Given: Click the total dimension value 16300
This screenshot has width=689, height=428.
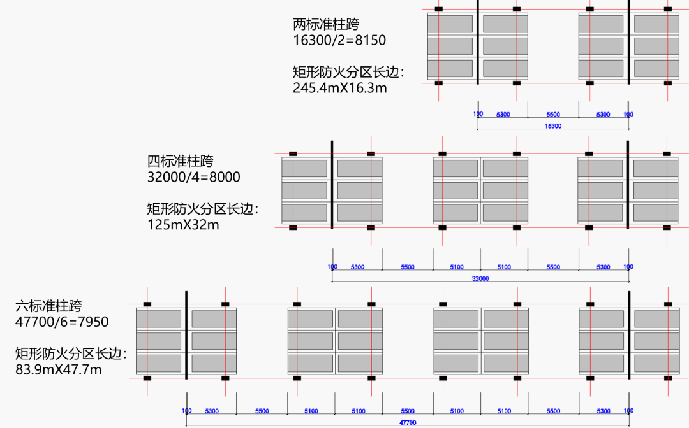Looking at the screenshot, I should [553, 126].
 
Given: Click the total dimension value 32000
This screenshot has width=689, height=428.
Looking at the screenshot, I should [480, 278].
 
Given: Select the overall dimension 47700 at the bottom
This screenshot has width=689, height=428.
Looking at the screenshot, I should [408, 422].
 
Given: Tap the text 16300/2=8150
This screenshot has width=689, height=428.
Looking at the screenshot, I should [339, 41].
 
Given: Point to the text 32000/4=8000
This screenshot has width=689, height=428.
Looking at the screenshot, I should [194, 176].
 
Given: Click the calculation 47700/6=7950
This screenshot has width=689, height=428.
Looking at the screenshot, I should [62, 322].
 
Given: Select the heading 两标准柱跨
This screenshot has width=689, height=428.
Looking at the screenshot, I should [326, 25].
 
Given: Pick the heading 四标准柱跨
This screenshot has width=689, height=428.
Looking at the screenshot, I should [181, 160].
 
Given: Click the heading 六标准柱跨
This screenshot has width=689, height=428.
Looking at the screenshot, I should [49, 306].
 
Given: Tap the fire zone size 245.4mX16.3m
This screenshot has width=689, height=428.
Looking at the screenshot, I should [340, 88].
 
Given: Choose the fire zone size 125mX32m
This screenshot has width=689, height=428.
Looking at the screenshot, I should [183, 224].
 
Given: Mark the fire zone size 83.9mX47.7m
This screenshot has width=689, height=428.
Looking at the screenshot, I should [59, 369].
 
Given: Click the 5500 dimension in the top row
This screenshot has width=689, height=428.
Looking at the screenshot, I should [553, 115].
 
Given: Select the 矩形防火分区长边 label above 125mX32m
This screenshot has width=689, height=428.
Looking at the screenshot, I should [203, 208].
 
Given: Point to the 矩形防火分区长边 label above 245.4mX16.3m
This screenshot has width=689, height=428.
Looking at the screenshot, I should [348, 72].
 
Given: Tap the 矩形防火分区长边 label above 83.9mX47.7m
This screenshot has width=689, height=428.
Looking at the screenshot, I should [71, 353].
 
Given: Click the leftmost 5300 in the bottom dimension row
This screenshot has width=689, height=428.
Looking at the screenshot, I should [212, 411].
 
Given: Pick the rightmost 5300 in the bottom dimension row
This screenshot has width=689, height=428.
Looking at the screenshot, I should [603, 411].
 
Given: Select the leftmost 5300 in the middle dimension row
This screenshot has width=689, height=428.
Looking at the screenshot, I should [357, 267].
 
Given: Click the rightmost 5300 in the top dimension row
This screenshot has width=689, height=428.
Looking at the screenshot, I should [603, 115].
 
